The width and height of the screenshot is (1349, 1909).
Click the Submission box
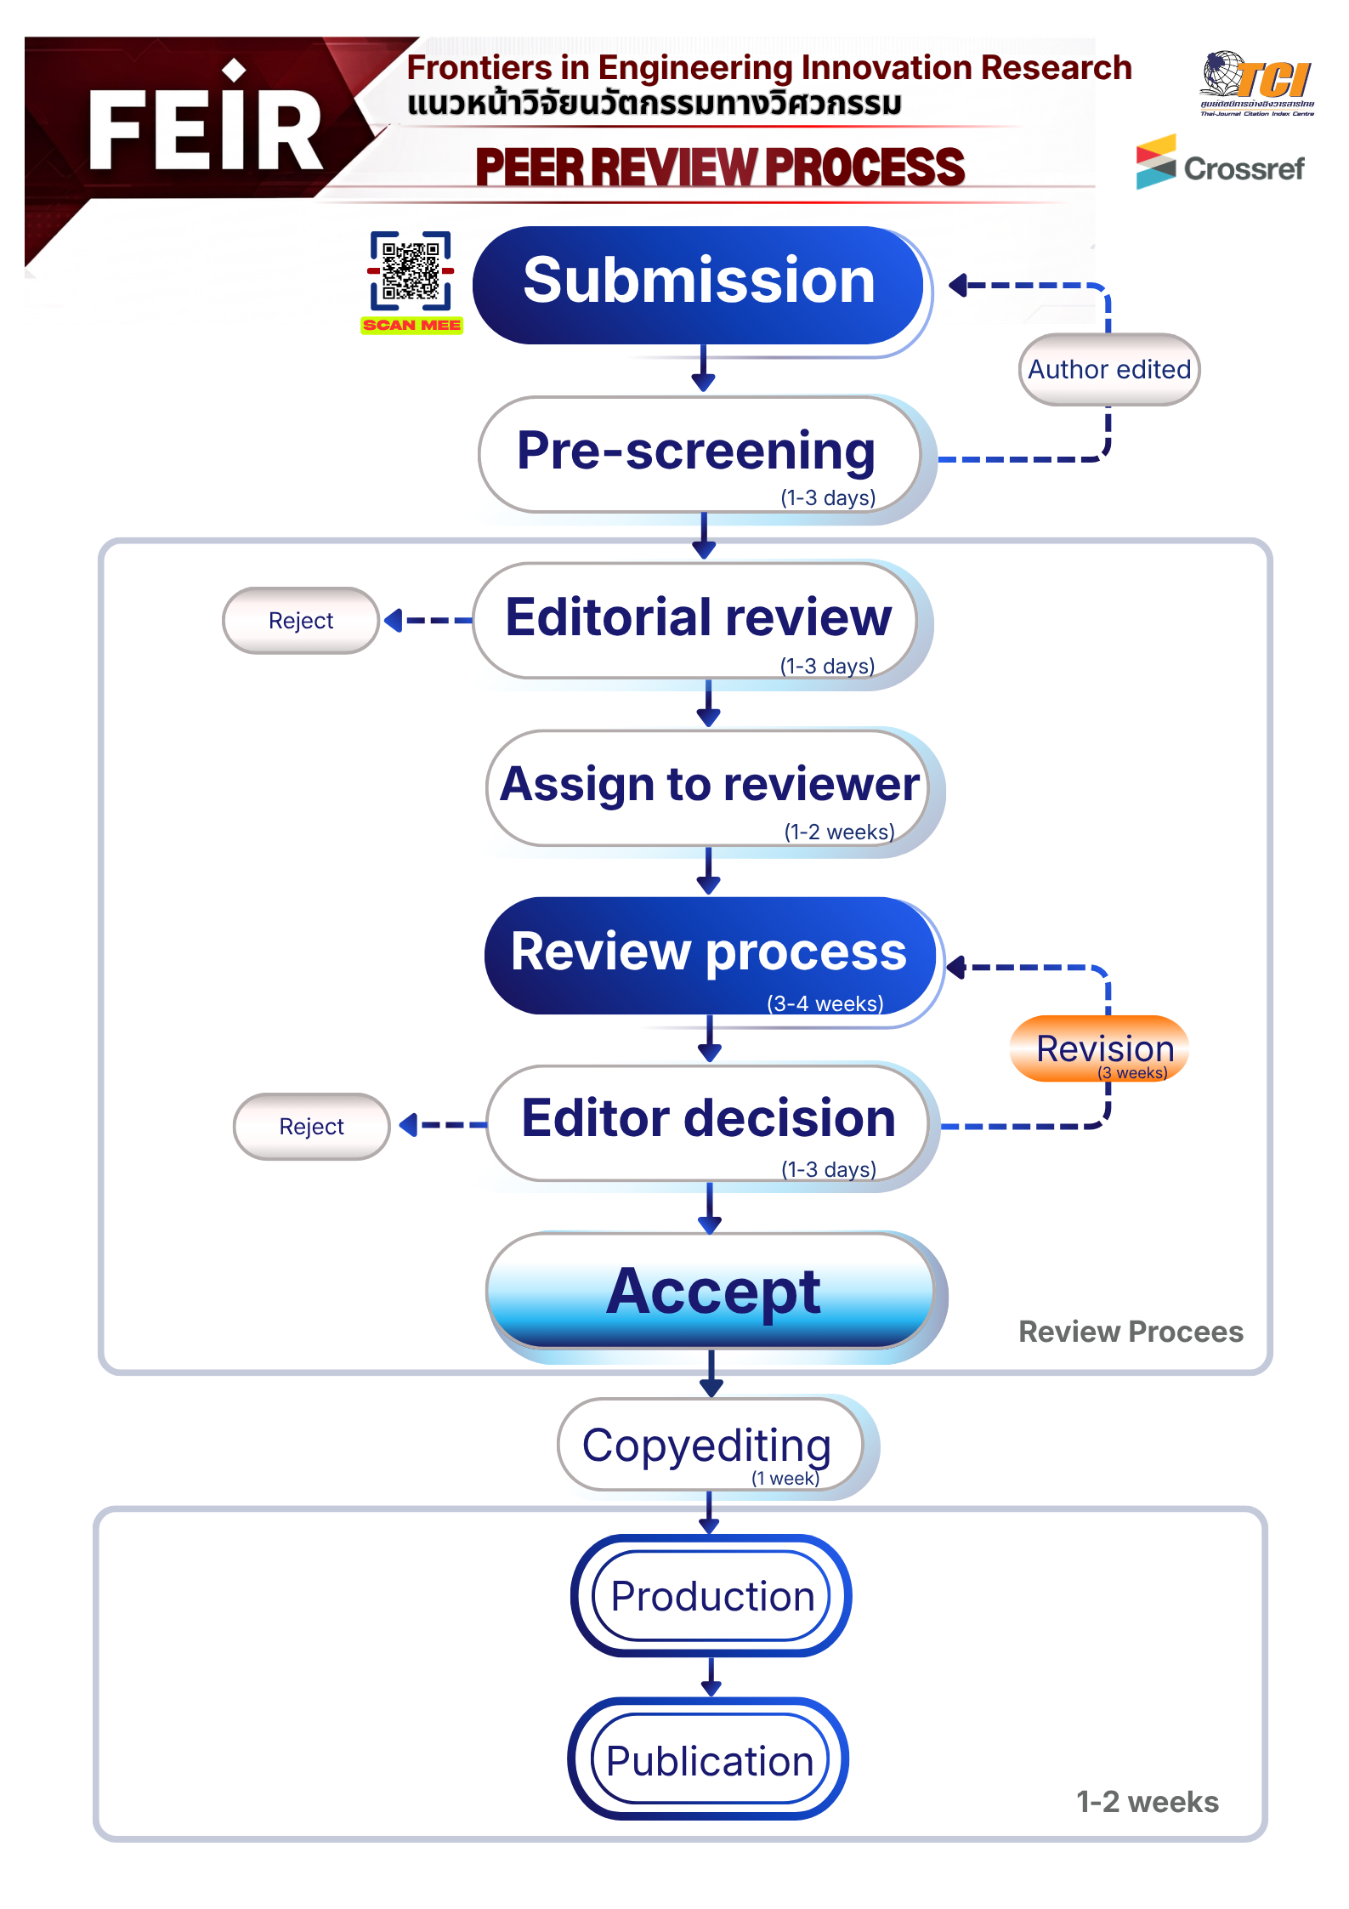(699, 285)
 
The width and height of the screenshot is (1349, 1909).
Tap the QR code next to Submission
(411, 270)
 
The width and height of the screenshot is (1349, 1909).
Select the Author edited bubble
(1109, 369)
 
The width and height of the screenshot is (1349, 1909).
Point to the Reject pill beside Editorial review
(301, 621)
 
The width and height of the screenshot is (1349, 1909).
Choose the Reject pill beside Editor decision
(311, 1127)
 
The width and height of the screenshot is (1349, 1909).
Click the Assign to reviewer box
(709, 787)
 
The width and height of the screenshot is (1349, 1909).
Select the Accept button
(712, 1291)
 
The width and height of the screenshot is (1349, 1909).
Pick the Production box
(712, 1596)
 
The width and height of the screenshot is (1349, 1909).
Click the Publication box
(709, 1760)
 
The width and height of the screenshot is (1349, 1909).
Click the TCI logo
(1257, 83)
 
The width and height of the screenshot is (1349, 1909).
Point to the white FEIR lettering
(204, 129)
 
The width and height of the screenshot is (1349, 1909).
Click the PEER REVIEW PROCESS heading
(720, 167)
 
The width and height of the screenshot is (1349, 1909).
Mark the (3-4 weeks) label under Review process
(825, 1003)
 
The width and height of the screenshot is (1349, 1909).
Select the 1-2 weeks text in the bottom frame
(1147, 1801)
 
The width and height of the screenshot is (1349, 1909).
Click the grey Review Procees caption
(1131, 1331)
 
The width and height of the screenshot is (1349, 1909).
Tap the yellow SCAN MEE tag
(411, 325)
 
